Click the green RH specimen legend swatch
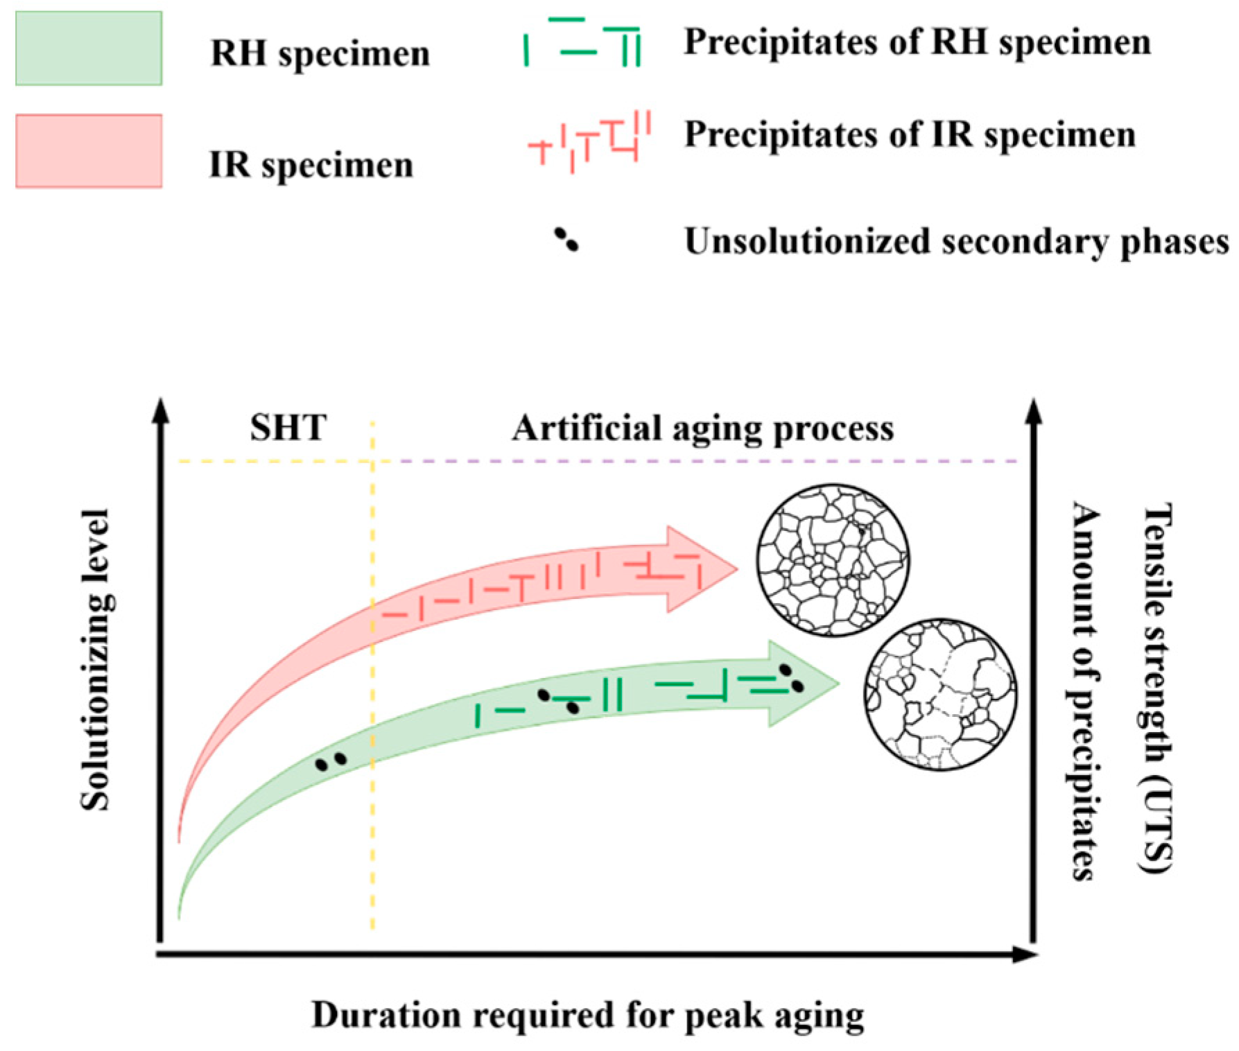click(89, 49)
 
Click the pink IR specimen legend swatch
click(89, 151)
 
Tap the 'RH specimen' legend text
click(320, 53)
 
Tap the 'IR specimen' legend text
click(311, 165)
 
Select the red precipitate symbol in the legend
click(590, 141)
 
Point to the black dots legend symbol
click(566, 240)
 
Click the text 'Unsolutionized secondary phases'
click(956, 242)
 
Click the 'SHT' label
click(288, 428)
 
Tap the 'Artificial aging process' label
click(702, 428)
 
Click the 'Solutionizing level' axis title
click(95, 659)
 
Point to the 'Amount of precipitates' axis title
click(1085, 690)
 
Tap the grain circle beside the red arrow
click(832, 559)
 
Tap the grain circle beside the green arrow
click(940, 694)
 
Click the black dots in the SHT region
click(331, 762)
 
